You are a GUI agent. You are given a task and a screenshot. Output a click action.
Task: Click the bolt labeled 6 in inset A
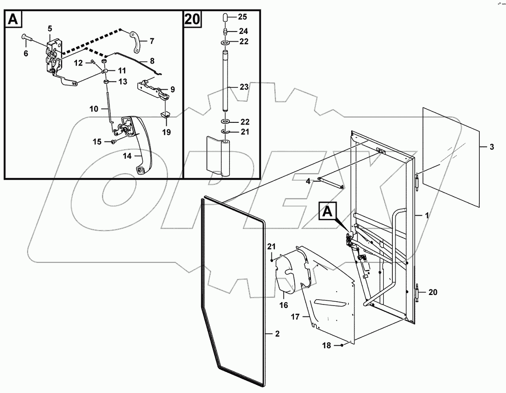tap(26, 37)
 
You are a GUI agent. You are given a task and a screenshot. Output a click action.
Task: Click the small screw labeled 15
tap(113, 142)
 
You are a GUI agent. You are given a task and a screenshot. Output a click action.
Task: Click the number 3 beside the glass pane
tap(492, 147)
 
